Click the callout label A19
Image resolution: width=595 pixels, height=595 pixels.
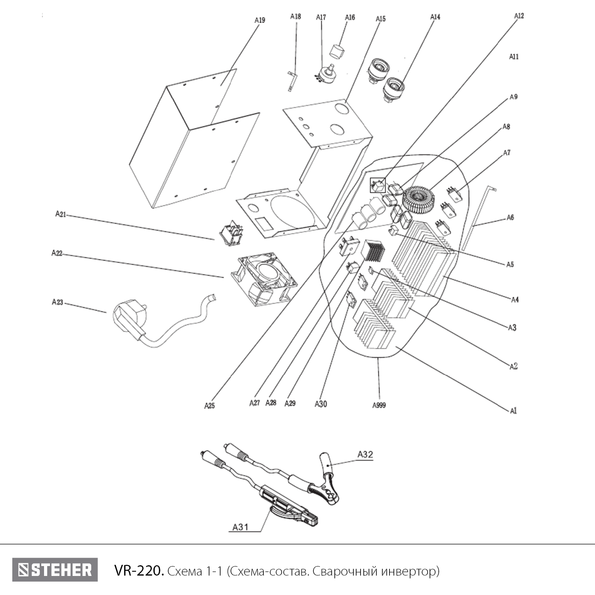[x=259, y=20]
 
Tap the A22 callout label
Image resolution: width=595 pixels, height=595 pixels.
[x=57, y=253]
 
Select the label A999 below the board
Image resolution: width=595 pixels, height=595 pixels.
[x=379, y=405]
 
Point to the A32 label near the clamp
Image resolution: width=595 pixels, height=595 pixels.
[x=365, y=455]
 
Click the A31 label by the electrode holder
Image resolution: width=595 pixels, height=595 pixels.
[x=240, y=527]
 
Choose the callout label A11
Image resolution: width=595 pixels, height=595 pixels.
[x=514, y=57]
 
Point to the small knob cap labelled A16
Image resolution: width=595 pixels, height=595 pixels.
[x=338, y=51]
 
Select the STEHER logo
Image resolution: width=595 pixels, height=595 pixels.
[x=55, y=570]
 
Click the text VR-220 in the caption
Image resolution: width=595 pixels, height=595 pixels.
[x=139, y=571]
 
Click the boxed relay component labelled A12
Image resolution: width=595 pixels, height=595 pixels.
[x=378, y=185]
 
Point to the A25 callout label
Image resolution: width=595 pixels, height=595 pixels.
[x=209, y=406]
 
